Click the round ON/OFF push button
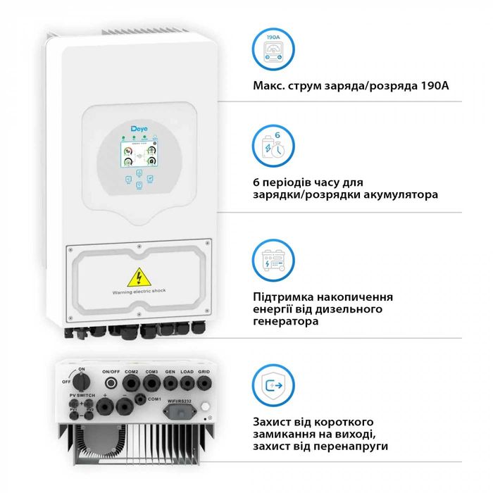[x=111, y=383]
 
